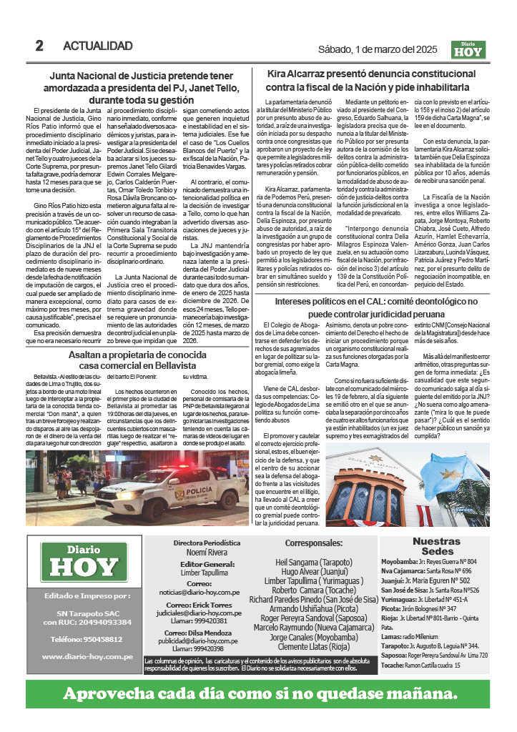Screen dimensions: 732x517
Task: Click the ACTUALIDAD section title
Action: pos(98,46)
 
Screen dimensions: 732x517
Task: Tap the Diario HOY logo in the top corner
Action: pos(468,49)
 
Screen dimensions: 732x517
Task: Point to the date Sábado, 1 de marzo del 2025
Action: pos(377,49)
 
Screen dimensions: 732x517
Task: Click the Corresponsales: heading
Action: pos(308,543)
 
